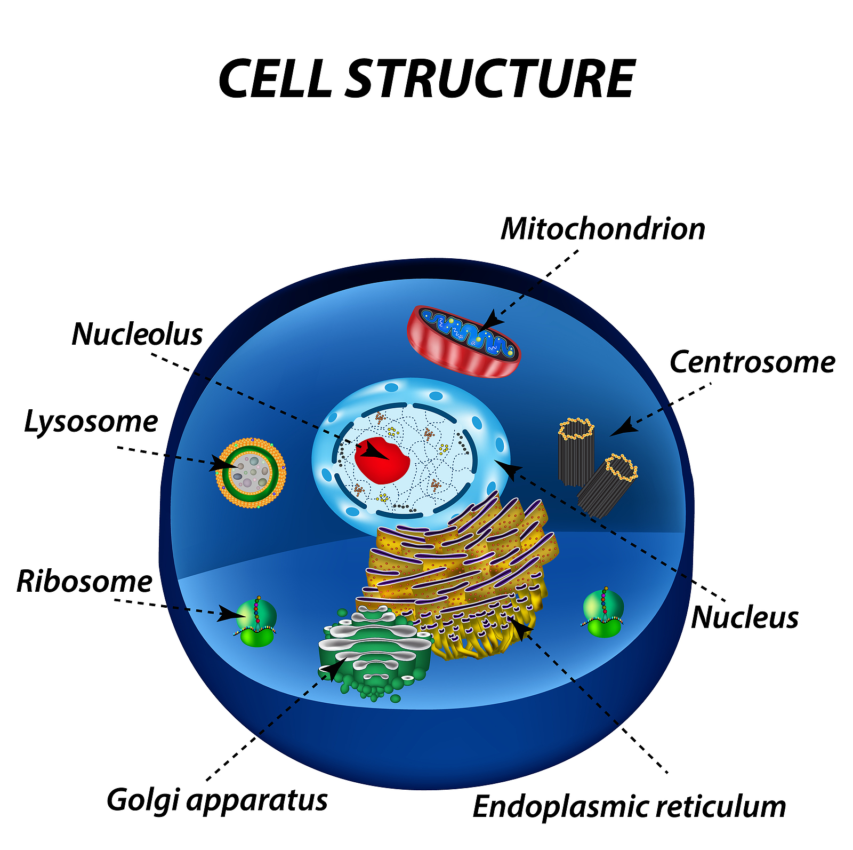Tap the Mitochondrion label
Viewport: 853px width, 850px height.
coord(603,229)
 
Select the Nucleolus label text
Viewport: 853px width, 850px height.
coord(138,335)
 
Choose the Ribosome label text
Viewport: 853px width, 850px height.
coord(85,581)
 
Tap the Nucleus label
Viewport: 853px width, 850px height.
coord(745,617)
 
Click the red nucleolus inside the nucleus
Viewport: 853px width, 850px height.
coord(382,460)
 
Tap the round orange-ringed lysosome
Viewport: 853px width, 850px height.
coord(251,473)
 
